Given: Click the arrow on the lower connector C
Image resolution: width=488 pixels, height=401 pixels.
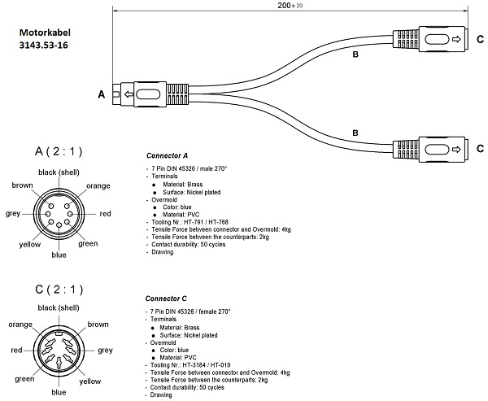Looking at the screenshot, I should pos(455,149).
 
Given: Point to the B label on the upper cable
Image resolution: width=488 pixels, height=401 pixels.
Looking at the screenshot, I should pos(355,55).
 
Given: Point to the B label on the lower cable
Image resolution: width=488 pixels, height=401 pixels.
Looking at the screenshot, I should pos(355,133).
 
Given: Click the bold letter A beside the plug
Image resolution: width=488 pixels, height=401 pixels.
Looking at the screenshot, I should pos(102,95).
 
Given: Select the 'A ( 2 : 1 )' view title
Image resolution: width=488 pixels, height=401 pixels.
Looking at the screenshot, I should pos(59,152).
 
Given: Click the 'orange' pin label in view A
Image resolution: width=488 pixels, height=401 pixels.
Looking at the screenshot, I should pos(98,185).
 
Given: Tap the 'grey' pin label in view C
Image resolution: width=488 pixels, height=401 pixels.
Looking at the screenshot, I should pos(105,351).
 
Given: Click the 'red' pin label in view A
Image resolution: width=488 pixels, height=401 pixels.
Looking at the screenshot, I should pos(105,214).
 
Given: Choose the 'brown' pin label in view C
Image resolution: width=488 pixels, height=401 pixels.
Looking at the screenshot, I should pos(98,325).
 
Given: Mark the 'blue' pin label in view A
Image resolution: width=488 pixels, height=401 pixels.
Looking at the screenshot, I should pos(59,255).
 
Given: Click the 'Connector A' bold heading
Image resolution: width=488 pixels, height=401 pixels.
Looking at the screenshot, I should pos(167,155).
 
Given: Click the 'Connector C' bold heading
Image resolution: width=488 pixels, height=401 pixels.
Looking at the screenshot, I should pos(167,298).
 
